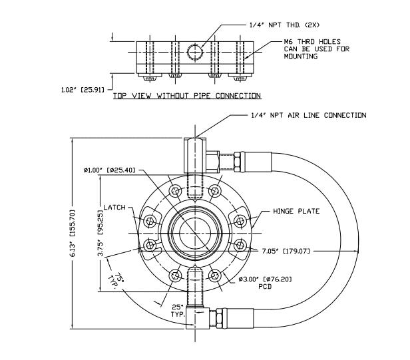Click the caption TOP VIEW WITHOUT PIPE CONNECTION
186,96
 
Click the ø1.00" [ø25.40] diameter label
110,170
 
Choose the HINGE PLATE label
297,211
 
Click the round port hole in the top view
195,51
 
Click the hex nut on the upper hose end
238,160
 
